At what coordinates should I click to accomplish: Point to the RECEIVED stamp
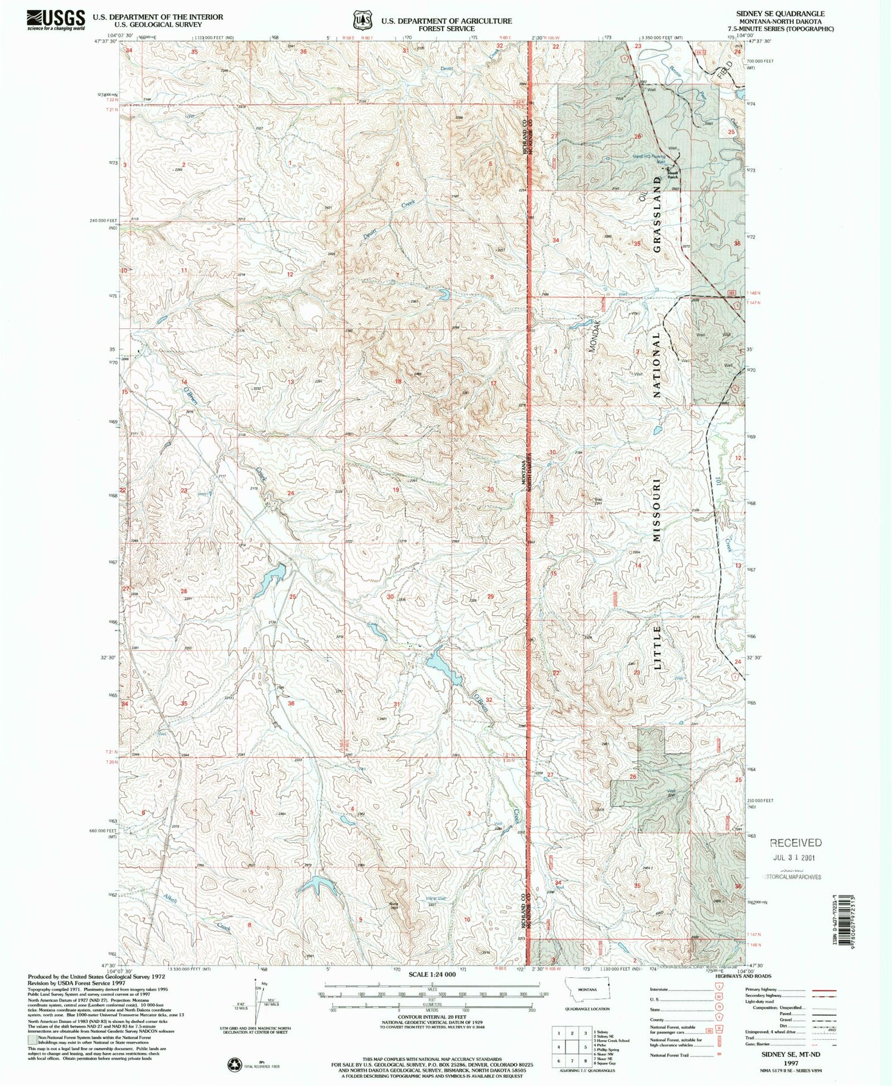796,842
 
